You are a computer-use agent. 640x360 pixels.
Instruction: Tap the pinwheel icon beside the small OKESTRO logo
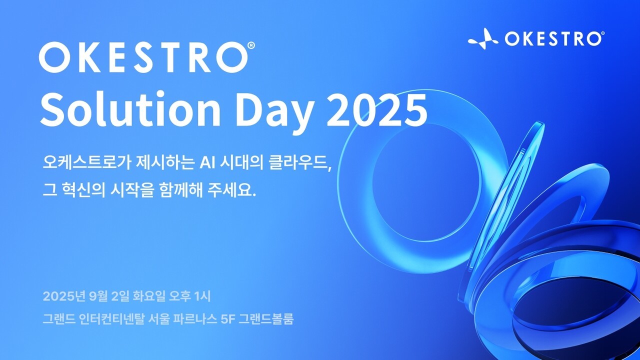click(483, 38)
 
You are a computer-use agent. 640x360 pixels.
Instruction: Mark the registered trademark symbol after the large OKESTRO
click(251, 45)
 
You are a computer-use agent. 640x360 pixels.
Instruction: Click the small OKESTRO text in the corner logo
click(552, 38)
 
